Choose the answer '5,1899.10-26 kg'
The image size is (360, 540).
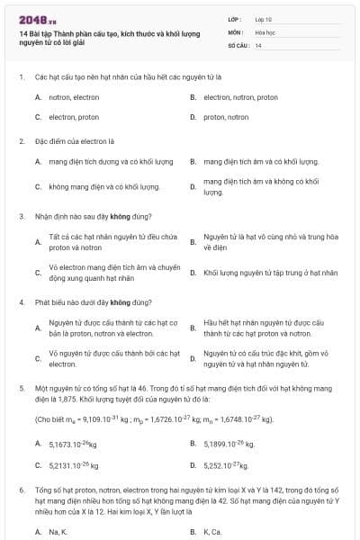tap(229, 444)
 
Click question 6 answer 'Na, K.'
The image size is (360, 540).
tap(58, 532)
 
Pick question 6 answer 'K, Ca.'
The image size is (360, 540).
tap(212, 532)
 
